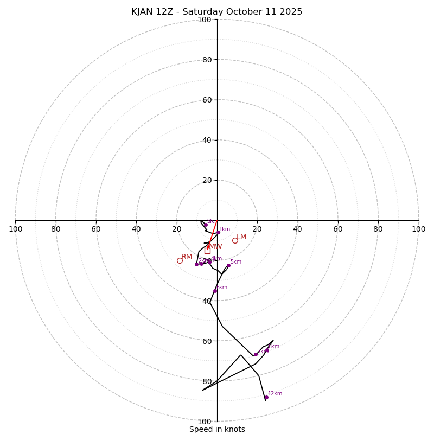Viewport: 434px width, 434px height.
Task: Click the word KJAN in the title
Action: coord(144,12)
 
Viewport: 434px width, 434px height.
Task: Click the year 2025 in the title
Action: coord(291,12)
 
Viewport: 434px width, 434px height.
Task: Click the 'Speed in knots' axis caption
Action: coord(217,429)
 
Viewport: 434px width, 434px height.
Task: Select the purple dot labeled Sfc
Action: coord(206,225)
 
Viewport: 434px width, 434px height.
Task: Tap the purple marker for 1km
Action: coord(219,232)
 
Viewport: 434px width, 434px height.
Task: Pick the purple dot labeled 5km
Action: coord(228,265)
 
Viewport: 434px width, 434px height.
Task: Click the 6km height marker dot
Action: coord(215,291)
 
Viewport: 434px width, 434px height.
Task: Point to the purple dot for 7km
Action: coord(256,354)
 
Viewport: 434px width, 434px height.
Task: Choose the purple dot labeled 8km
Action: coord(267,350)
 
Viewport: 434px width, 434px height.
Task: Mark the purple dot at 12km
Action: coord(266,397)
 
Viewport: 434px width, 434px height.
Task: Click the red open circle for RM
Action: coord(180,260)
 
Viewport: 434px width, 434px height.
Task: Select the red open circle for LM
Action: coord(235,240)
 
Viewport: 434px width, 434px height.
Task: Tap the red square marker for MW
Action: coord(207,251)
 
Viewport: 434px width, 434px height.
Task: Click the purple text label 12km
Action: coord(275,394)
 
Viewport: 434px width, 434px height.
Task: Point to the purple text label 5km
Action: coord(236,262)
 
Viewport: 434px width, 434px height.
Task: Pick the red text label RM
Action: coord(187,257)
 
